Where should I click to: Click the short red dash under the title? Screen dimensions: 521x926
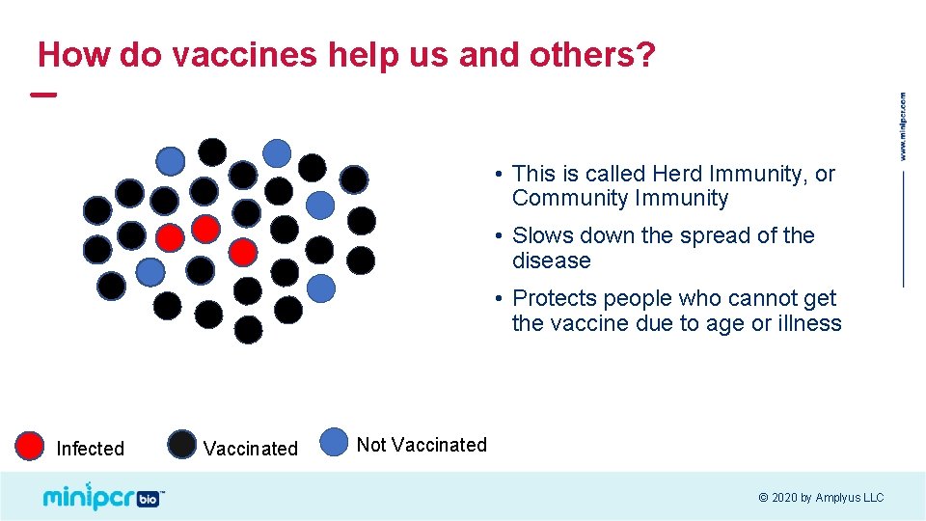[43, 95]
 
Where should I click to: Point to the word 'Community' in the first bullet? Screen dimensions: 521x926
[570, 199]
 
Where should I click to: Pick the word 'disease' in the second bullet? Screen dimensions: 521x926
[551, 261]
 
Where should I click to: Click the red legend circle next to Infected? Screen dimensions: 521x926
[31, 446]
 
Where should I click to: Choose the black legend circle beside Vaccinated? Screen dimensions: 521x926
[181, 445]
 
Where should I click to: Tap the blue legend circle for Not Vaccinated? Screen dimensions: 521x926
[335, 442]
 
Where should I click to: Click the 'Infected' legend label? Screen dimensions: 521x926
[91, 449]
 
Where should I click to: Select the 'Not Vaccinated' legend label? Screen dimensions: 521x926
[422, 445]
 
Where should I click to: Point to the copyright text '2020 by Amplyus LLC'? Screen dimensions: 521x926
[827, 498]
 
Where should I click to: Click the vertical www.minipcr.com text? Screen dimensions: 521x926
[903, 126]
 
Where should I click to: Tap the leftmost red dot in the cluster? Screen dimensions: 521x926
[171, 236]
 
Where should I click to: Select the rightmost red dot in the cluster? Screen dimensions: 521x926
[244, 252]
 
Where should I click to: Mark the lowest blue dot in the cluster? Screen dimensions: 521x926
[321, 288]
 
